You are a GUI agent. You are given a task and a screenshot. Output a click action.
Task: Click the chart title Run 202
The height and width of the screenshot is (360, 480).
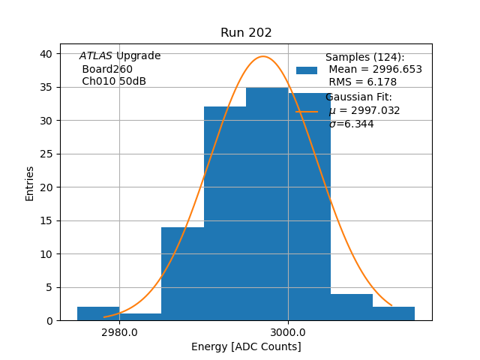pyautogui.click(x=246, y=33)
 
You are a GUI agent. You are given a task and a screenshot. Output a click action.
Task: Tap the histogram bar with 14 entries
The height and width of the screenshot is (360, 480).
pyautogui.click(x=182, y=274)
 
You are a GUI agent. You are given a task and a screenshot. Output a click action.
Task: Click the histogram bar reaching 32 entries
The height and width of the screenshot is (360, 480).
pyautogui.click(x=225, y=214)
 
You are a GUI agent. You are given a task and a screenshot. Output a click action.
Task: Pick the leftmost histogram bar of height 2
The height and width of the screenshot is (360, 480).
pyautogui.click(x=98, y=313)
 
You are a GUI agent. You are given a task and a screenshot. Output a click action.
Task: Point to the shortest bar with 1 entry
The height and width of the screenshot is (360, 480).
pyautogui.click(x=140, y=316)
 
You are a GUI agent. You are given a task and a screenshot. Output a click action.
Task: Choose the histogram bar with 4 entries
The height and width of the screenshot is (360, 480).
pyautogui.click(x=352, y=307)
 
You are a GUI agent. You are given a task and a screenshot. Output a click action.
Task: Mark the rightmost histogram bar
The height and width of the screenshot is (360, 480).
pyautogui.click(x=394, y=313)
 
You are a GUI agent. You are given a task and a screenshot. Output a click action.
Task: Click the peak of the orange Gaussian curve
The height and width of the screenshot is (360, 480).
pyautogui.click(x=262, y=56)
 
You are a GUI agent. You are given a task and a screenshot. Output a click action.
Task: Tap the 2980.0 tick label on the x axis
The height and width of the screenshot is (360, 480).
pyautogui.click(x=119, y=332)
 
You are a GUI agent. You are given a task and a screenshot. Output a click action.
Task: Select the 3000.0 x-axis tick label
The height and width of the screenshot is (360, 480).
pyautogui.click(x=288, y=332)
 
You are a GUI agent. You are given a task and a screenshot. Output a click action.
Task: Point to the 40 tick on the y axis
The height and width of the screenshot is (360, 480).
pyautogui.click(x=46, y=54)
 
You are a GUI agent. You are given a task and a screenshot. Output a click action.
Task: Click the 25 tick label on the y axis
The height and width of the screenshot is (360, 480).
pyautogui.click(x=46, y=154)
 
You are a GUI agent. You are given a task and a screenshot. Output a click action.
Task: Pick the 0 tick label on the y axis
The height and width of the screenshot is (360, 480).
pyautogui.click(x=49, y=321)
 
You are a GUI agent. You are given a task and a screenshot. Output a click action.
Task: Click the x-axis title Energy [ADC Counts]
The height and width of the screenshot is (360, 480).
pyautogui.click(x=246, y=346)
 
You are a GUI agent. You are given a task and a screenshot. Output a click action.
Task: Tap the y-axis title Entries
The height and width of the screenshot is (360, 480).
pyautogui.click(x=30, y=183)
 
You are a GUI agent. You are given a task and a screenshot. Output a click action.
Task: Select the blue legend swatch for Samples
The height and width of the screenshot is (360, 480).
pyautogui.click(x=307, y=70)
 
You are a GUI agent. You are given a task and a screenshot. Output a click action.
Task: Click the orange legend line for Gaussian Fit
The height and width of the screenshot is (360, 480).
pyautogui.click(x=307, y=111)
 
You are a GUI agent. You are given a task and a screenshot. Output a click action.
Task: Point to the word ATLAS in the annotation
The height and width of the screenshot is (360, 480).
pyautogui.click(x=95, y=56)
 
